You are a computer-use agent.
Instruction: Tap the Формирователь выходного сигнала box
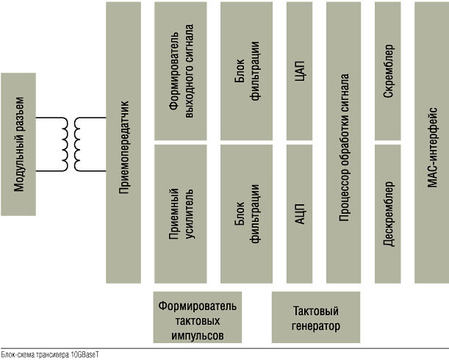coord(180,71)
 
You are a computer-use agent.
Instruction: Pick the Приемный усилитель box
coord(180,214)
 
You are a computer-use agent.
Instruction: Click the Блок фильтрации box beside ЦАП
coord(246,71)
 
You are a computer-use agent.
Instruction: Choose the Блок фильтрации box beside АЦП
coord(246,214)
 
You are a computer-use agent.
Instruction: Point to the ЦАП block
coord(299,71)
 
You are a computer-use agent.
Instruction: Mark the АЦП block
coord(299,214)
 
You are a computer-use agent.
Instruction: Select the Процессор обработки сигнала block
coord(344,143)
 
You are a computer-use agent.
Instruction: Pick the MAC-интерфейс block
coord(431,143)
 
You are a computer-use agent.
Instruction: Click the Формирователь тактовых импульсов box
coord(198,316)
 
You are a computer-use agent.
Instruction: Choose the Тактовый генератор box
coord(317,316)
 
